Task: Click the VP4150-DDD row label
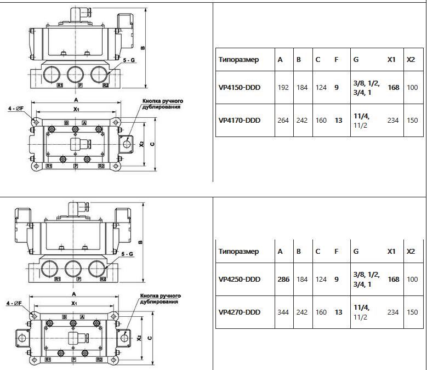pyautogui.click(x=239, y=88)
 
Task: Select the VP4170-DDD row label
pyautogui.click(x=239, y=121)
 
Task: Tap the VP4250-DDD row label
pyautogui.click(x=239, y=280)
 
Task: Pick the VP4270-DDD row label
pyautogui.click(x=239, y=312)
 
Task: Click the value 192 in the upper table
pyautogui.click(x=283, y=88)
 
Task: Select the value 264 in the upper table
pyautogui.click(x=283, y=121)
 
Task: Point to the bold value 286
pyautogui.click(x=283, y=280)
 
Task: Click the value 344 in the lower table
pyautogui.click(x=283, y=312)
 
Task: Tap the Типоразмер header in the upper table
pyautogui.click(x=238, y=60)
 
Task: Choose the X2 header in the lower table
pyautogui.click(x=411, y=252)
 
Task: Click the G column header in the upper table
pyautogui.click(x=356, y=60)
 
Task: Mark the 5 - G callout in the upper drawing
pyautogui.click(x=129, y=60)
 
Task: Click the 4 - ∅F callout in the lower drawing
pyautogui.click(x=14, y=303)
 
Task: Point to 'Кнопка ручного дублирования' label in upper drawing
pyautogui.click(x=162, y=104)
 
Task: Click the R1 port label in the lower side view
pyautogui.click(x=58, y=279)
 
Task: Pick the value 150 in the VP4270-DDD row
pyautogui.click(x=412, y=312)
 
